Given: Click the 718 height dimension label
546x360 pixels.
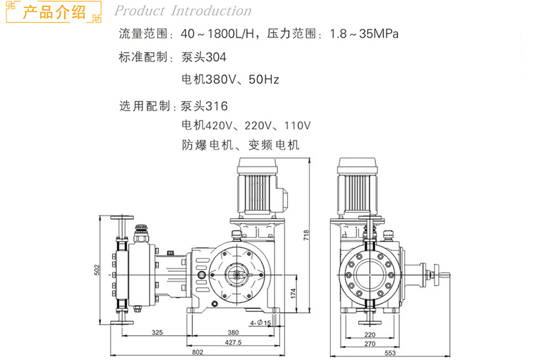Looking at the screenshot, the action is coord(306,236).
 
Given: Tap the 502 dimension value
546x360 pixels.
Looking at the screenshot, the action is coord(97,270).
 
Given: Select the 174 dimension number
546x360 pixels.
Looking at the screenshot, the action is coord(293,293).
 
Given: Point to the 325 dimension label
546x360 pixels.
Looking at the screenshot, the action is coord(157,333).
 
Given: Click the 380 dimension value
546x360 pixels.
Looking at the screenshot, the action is coord(233,333).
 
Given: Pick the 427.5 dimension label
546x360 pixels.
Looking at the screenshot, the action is coord(233,342).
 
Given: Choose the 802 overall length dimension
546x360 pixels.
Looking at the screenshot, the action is coord(197,352).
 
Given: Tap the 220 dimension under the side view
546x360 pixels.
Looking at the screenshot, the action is coord(370,335).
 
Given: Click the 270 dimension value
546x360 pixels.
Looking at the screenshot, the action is coord(370,344).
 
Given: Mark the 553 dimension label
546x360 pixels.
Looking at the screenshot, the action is coord(390,353).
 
